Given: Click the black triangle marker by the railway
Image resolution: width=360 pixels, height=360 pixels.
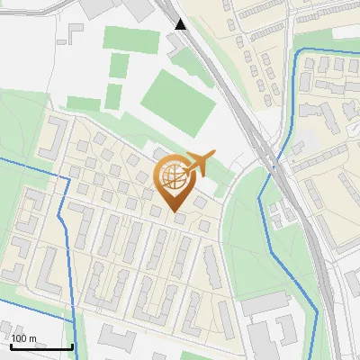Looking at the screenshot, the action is click(181, 23).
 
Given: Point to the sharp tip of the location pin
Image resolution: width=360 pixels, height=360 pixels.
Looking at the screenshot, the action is click(172, 211).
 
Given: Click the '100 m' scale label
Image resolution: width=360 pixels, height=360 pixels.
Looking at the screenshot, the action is click(23, 338).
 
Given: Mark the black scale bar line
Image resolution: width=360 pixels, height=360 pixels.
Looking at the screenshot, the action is click(41, 346).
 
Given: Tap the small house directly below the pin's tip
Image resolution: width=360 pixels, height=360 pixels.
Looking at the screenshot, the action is click(179, 218).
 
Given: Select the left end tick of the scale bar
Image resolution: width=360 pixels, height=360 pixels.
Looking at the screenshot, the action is click(11, 345).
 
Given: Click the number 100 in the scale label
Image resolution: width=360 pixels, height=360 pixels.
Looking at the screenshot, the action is click(19, 338).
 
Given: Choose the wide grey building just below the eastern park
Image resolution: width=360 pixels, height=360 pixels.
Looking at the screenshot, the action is click(265, 306).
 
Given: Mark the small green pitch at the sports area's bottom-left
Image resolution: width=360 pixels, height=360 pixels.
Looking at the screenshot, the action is click(114, 95).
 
